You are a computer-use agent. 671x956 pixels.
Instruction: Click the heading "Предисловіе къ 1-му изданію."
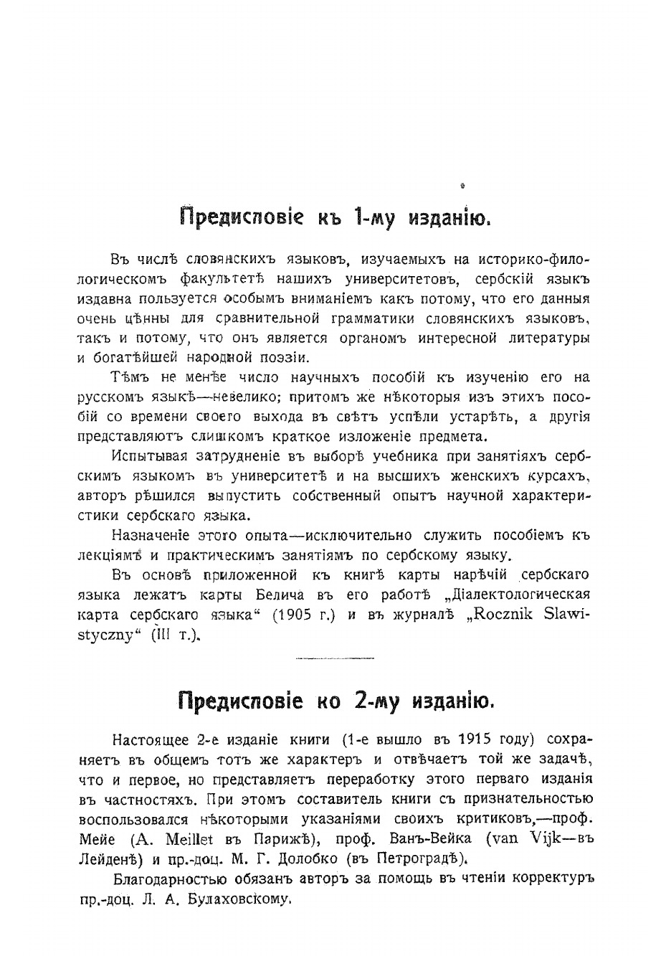[335, 217]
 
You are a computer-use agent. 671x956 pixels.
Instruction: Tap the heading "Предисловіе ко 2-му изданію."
[335, 700]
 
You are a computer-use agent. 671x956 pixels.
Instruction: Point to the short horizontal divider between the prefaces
[335, 657]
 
